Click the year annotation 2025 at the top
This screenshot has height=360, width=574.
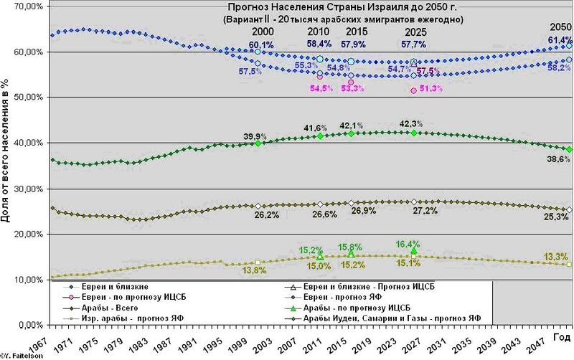point(410,33)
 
